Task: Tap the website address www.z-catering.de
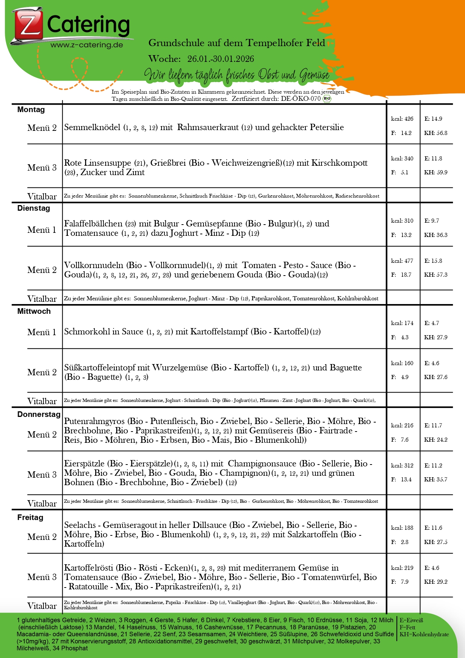(x=87, y=45)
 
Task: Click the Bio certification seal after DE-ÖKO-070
(x=327, y=99)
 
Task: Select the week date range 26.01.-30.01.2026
(x=220, y=59)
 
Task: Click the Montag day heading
(x=31, y=110)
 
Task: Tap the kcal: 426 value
(x=402, y=119)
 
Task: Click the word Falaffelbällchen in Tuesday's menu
(x=93, y=224)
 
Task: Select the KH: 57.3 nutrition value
(x=436, y=275)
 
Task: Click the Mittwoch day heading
(x=34, y=311)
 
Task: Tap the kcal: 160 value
(x=402, y=363)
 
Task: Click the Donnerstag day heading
(x=39, y=414)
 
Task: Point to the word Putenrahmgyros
(x=94, y=421)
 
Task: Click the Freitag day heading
(x=30, y=517)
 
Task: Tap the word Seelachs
(x=79, y=525)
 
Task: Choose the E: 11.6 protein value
(x=433, y=528)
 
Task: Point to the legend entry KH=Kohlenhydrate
(x=424, y=634)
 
